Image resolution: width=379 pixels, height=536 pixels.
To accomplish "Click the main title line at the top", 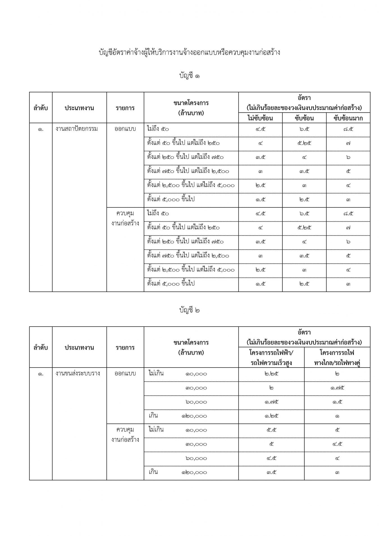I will coord(189,53).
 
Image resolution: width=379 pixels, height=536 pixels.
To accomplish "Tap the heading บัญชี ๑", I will coord(189,76).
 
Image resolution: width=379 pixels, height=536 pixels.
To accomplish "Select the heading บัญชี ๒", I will coord(189,310).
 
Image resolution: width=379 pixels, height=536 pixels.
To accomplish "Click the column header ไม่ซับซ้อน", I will coord(260,118).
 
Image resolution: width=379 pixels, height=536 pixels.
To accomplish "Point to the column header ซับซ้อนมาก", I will coord(348,118).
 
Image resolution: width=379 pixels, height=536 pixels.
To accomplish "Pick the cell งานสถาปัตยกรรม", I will coord(77,129).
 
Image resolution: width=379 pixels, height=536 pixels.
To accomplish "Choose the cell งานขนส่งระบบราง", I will coord(78,374).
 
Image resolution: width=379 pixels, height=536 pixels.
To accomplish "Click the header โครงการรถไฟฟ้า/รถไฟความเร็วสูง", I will coord(271,357).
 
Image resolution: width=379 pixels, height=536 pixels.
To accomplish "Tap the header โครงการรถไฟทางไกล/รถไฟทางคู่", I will coord(337,357).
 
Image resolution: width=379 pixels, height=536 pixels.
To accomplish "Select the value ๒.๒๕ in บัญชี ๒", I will coord(271,374).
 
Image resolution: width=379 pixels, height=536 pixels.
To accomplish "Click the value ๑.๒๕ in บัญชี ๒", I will coord(271,416).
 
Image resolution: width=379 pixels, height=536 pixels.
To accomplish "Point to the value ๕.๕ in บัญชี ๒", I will coord(271,430).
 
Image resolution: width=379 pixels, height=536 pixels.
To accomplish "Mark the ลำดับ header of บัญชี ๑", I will coord(41,108).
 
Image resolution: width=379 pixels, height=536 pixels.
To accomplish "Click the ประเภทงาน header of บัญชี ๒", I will coord(79,347).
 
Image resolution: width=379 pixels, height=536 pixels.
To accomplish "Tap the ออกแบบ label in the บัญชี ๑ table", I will coord(125,129).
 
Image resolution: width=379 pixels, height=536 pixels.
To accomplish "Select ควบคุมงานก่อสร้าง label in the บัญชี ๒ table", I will coord(125,434).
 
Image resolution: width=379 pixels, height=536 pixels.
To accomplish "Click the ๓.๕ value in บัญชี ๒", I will coord(271,473).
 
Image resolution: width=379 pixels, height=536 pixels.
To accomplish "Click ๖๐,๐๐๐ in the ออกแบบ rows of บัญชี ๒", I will coord(196,402).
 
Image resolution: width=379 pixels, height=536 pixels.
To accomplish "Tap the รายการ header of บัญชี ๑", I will coord(125,108).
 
